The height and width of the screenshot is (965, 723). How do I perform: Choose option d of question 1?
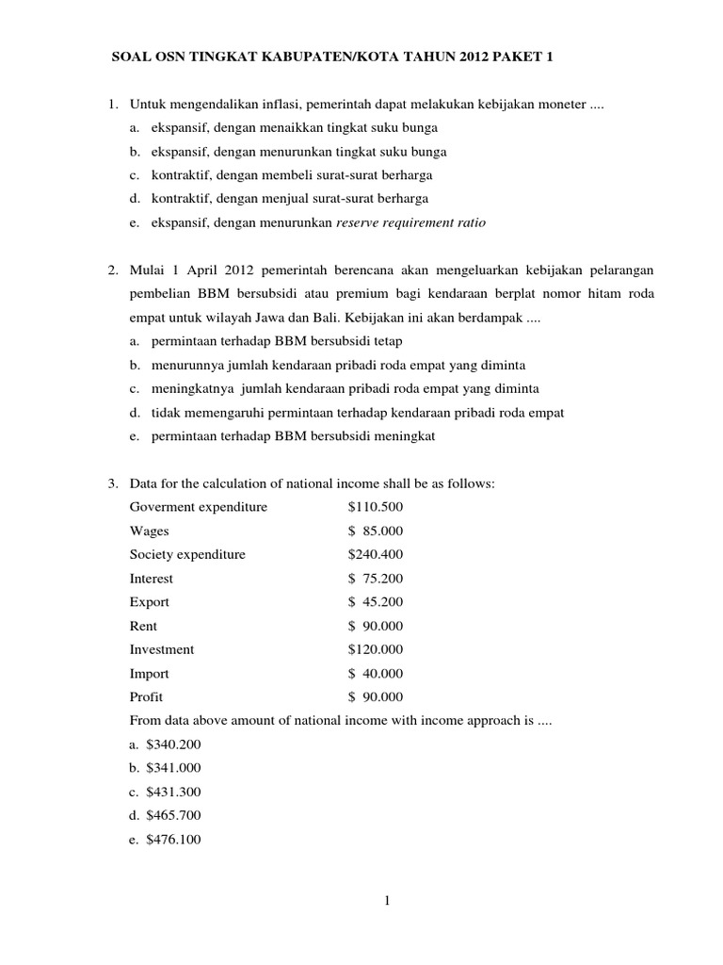point(280,199)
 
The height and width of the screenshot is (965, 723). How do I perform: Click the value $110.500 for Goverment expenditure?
point(376,507)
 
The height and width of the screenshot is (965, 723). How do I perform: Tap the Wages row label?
point(150,531)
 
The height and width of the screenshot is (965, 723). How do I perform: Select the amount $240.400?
point(376,554)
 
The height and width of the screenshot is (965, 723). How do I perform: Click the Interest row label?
point(152,579)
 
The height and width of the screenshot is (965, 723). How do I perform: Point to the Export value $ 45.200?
point(376,602)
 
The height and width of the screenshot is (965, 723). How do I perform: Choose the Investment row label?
point(162,649)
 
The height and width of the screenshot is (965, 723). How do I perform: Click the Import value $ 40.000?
point(376,674)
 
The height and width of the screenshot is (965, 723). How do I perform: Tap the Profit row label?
point(147,697)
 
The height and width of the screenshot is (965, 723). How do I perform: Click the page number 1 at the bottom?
point(387,902)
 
